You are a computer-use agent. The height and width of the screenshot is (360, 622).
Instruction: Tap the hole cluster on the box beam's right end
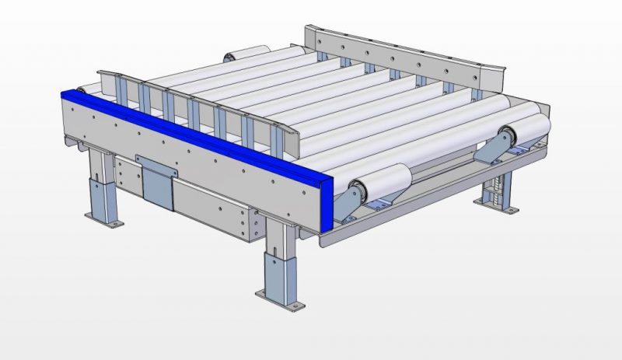point(250,225)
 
